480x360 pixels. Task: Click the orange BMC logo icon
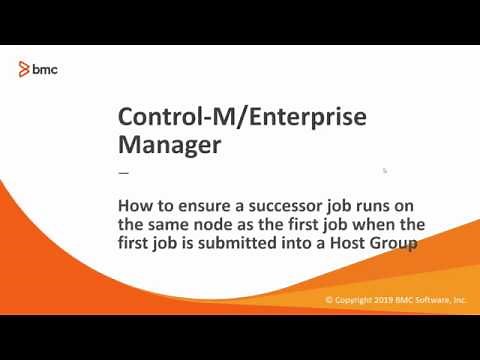pyautogui.click(x=25, y=68)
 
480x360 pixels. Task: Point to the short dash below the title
pyautogui.click(x=124, y=171)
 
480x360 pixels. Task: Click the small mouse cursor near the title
pyautogui.click(x=385, y=170)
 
